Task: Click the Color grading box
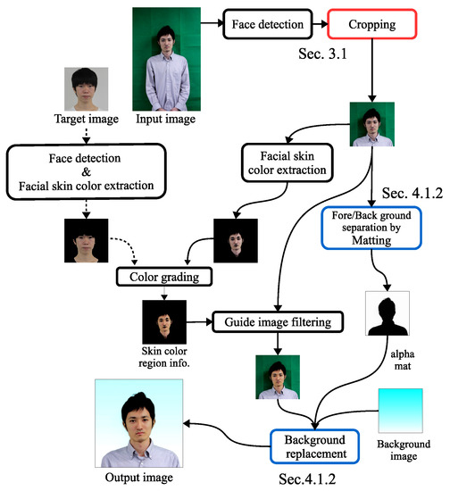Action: click(x=168, y=278)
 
